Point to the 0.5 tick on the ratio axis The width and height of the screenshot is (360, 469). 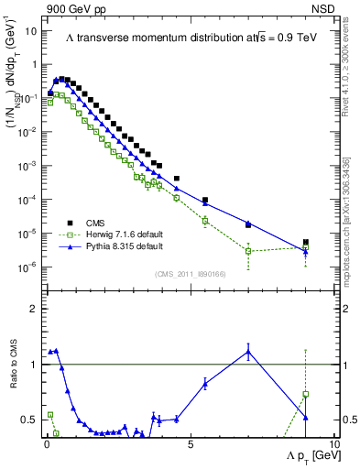coord(30,420)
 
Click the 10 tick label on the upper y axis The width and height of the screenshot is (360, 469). coord(30,30)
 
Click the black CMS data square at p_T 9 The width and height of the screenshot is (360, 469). coord(306,243)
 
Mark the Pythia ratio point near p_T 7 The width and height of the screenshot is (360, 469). coord(248,351)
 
